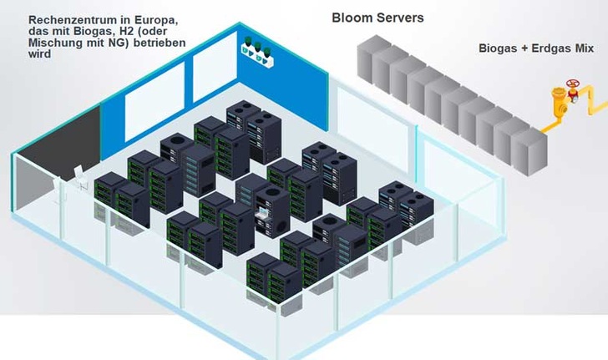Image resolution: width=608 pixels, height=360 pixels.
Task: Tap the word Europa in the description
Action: click(150, 18)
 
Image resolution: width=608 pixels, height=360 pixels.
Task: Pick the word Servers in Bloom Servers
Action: click(398, 18)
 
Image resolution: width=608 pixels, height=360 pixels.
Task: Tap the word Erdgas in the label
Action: click(545, 48)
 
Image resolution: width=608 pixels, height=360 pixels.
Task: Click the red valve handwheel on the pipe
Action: click(573, 86)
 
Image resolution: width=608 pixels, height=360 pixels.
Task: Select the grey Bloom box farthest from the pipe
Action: click(370, 58)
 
